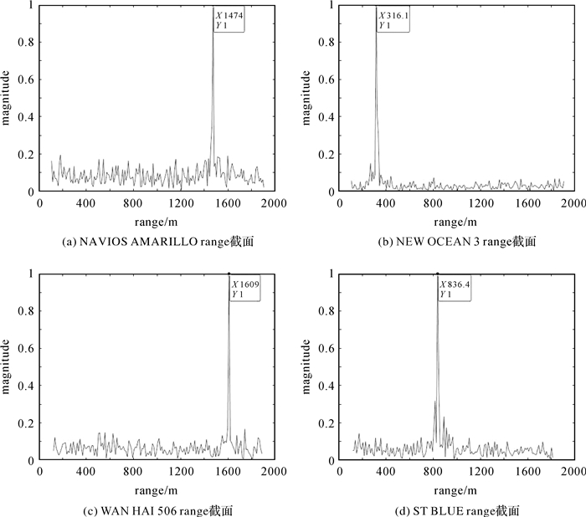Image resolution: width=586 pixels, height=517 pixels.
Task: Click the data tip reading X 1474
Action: (x=229, y=20)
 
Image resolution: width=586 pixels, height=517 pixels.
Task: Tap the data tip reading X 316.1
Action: (x=392, y=20)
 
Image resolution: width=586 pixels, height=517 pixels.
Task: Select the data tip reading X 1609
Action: (x=245, y=289)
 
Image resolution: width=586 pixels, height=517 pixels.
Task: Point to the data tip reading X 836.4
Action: (x=455, y=289)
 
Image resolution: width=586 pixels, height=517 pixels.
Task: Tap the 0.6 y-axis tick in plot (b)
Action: (x=326, y=79)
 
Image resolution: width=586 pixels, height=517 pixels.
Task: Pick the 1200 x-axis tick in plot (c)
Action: (x=181, y=473)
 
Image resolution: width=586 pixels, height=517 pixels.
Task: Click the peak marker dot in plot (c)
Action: (x=229, y=273)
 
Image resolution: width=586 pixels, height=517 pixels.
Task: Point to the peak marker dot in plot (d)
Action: (x=437, y=273)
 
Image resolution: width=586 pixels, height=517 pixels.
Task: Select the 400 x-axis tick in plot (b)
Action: (x=386, y=203)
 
